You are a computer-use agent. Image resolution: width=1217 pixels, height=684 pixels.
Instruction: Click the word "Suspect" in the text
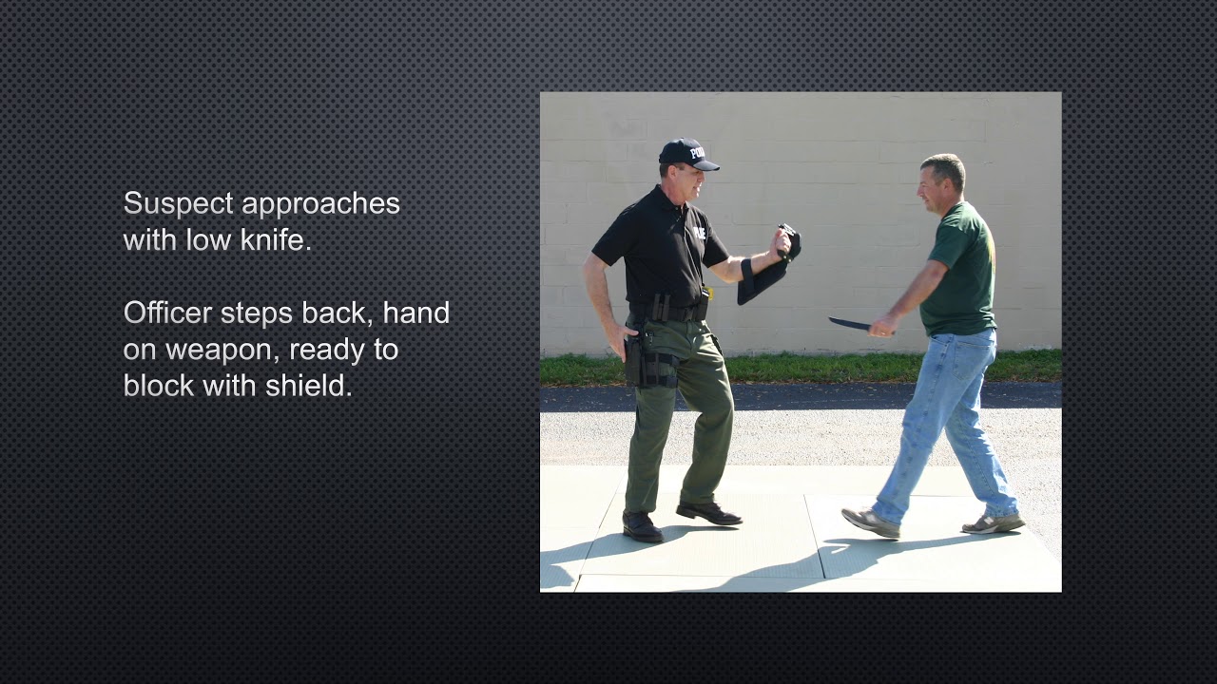pyautogui.click(x=178, y=204)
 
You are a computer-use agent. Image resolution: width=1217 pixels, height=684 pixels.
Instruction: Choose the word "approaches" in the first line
pyautogui.click(x=320, y=204)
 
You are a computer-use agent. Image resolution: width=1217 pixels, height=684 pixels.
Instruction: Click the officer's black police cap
pyautogui.click(x=686, y=154)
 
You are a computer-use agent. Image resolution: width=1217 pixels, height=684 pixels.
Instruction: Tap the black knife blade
pyautogui.click(x=849, y=324)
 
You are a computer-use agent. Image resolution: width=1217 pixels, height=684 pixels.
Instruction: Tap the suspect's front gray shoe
pyautogui.click(x=870, y=522)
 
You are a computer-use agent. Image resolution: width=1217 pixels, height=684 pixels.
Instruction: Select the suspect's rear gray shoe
pyautogui.click(x=993, y=522)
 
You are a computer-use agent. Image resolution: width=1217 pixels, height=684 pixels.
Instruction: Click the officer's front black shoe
pyautogui.click(x=709, y=513)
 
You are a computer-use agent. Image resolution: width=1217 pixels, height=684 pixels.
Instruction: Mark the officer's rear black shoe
pyautogui.click(x=643, y=526)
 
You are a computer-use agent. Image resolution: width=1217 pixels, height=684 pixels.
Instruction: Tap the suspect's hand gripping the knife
pyautogui.click(x=883, y=326)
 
